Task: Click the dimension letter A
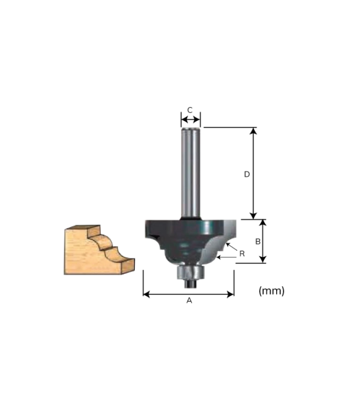(x=189, y=301)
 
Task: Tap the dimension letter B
(x=258, y=241)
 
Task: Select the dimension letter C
(x=190, y=110)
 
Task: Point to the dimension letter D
(x=246, y=174)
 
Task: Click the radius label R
(x=242, y=253)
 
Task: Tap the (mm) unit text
(x=271, y=291)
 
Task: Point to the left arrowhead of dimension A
(x=146, y=294)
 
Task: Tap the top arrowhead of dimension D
(x=253, y=131)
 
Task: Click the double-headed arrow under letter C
(x=190, y=120)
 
